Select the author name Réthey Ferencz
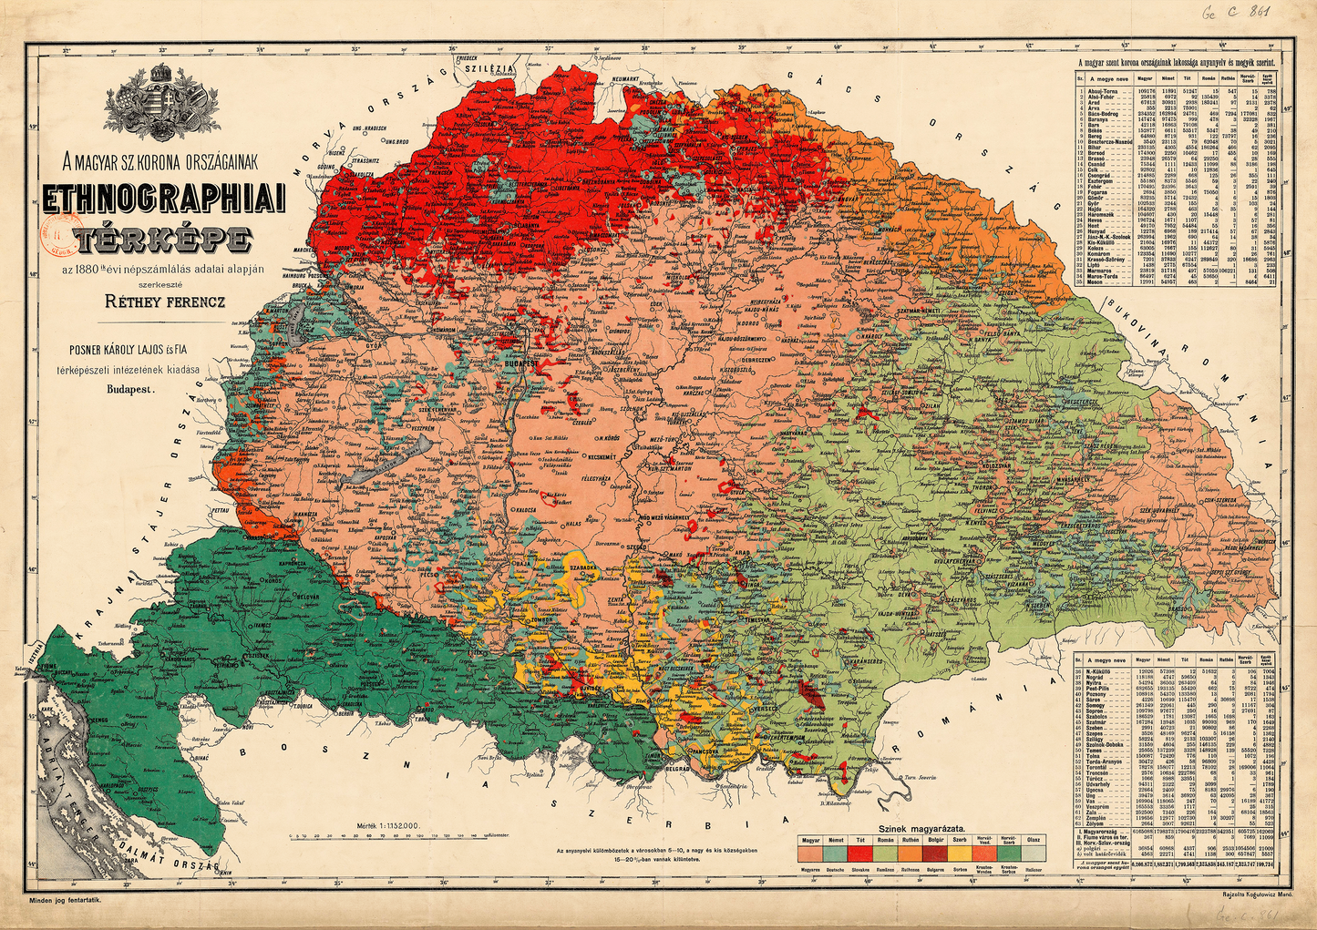pyautogui.click(x=162, y=299)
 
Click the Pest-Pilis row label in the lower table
pyautogui.click(x=1100, y=689)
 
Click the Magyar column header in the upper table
pyautogui.click(x=1145, y=79)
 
